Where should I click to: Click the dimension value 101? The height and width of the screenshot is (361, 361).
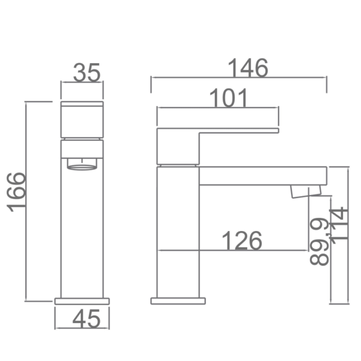229,98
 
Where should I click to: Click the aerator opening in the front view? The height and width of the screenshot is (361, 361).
82,164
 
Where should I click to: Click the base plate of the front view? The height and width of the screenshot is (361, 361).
82,300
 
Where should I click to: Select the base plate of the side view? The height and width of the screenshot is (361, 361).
178,300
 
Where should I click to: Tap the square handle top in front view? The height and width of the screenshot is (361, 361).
82,120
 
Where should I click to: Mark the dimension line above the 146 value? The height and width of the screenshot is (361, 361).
238,78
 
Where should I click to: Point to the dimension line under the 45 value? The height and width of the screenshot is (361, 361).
82,329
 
